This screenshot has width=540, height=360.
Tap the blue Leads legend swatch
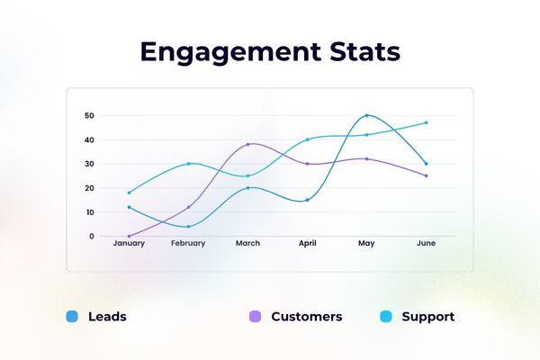[x=72, y=317]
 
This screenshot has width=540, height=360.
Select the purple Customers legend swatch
[x=255, y=317]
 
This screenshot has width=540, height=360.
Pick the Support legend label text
[x=427, y=317]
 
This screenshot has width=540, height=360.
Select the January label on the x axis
[x=129, y=243]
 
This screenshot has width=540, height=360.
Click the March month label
[x=247, y=243]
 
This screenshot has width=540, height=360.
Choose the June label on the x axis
[x=426, y=243]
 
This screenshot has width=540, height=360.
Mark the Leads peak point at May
[x=366, y=115]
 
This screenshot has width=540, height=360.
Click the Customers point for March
[x=247, y=144]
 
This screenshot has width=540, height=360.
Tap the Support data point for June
[x=426, y=122]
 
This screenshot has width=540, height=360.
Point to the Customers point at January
[x=129, y=236]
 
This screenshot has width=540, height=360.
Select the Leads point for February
[x=188, y=226]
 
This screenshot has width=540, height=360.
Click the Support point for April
[x=307, y=139]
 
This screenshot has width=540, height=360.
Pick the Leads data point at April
[x=307, y=200]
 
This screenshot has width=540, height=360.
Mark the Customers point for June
[x=426, y=175]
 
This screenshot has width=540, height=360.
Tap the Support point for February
[x=188, y=163]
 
